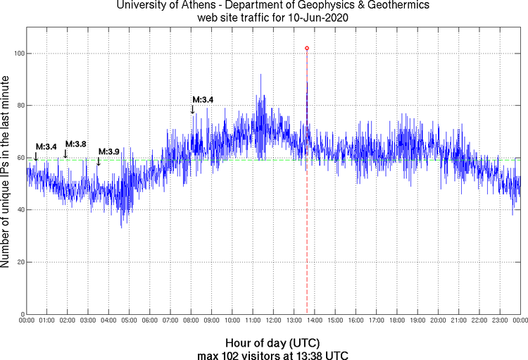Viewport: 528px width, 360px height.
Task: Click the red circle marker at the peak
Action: (307, 48)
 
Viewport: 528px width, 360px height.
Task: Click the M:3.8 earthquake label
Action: (76, 144)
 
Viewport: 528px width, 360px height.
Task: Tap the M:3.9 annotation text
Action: (109, 151)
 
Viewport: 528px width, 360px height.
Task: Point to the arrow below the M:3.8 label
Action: (66, 154)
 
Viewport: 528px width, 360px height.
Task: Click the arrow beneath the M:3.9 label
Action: (99, 161)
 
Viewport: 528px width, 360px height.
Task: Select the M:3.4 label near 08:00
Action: (203, 99)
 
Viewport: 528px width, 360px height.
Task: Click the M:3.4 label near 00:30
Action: (46, 147)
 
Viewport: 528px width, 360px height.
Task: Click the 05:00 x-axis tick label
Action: (129, 321)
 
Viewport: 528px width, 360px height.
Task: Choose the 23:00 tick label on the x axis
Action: (500, 321)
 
